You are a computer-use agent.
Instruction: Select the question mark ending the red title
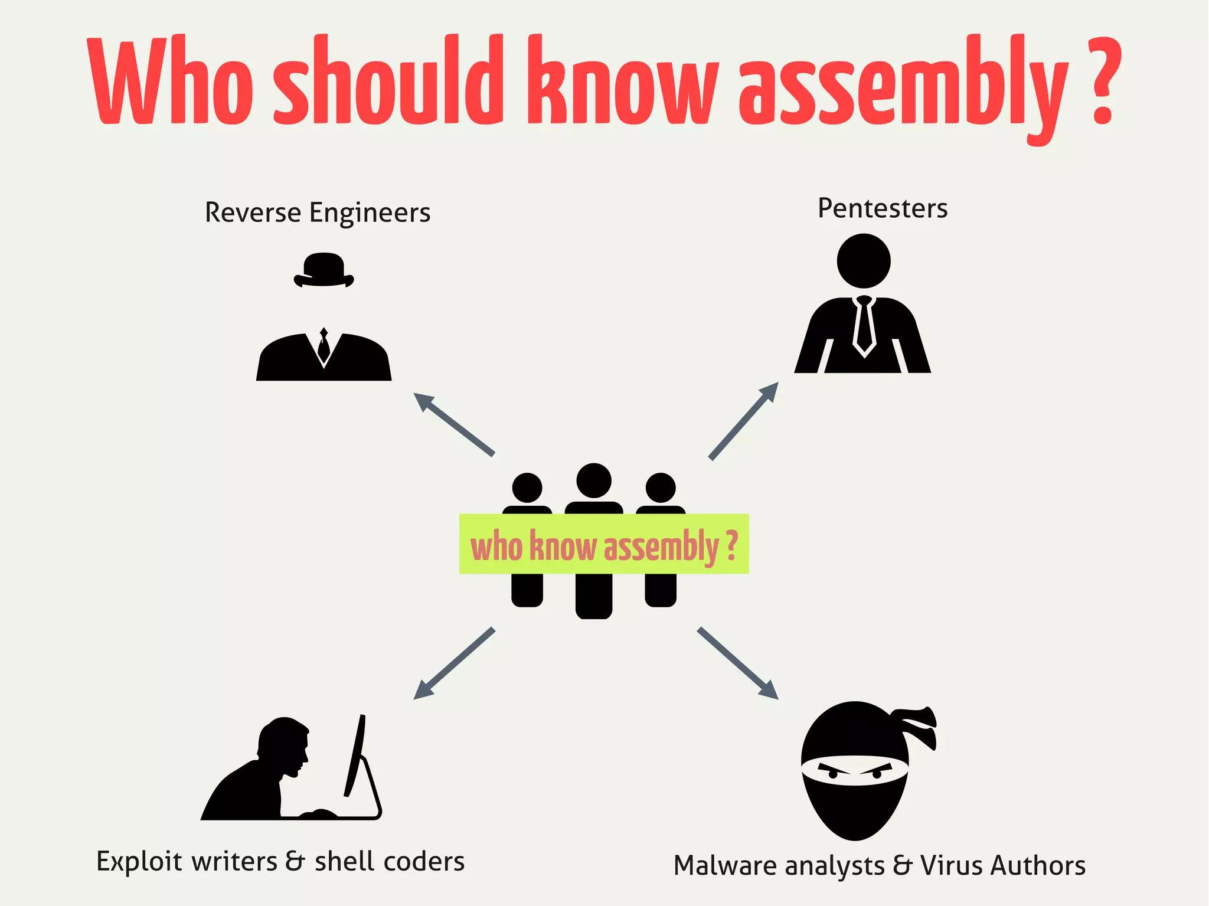tap(1102, 83)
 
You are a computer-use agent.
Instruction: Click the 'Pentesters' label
tap(883, 209)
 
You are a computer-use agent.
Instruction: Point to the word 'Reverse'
tap(253, 212)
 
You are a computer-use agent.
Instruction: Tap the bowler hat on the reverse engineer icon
tap(324, 270)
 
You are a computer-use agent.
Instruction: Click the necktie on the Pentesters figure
tap(864, 325)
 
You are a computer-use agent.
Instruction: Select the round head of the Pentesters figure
tap(864, 261)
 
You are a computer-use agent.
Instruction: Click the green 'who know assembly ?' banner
tap(604, 544)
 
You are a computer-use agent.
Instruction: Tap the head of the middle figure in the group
tap(594, 480)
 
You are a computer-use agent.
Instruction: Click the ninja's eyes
tap(854, 771)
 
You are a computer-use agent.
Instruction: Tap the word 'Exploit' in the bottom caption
tap(139, 862)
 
